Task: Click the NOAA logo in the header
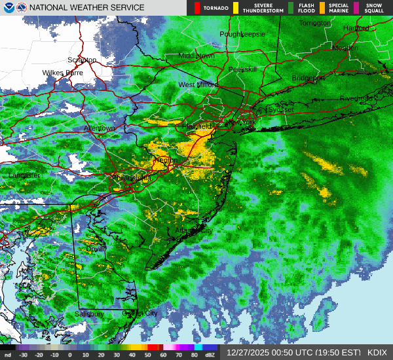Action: [7, 7]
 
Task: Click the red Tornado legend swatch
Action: [197, 8]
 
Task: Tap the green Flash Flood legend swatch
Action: [291, 8]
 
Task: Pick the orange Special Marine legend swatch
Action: [322, 8]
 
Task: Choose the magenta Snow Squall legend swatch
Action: [357, 8]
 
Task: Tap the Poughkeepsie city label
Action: [242, 34]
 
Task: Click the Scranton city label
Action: [82, 60]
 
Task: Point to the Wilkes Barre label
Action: [63, 73]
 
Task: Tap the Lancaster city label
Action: [24, 175]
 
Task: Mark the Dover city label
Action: [96, 249]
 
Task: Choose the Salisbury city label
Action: [89, 314]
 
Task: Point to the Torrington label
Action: [315, 23]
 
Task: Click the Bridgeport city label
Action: [308, 78]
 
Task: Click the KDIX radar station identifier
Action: [377, 352]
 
